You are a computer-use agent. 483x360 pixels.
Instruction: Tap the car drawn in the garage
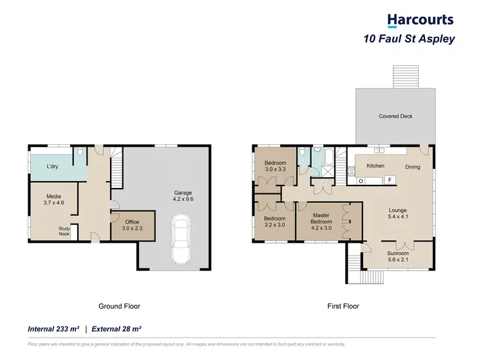point(180,242)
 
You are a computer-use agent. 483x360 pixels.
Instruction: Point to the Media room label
point(53,200)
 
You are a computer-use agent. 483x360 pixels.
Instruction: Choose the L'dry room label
point(53,167)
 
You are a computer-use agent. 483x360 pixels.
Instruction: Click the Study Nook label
point(64,231)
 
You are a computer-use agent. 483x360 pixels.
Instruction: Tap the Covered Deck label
point(395,117)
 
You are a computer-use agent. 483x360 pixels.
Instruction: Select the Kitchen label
point(375,166)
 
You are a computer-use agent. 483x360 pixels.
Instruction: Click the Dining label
point(412,167)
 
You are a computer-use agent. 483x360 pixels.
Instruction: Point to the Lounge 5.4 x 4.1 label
point(397,213)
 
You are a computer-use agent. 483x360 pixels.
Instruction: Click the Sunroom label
point(397,256)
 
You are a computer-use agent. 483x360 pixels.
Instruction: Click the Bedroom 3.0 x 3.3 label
point(275,166)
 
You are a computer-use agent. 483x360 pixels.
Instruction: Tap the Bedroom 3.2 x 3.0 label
point(275,222)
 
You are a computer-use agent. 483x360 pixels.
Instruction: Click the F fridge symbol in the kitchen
point(390,180)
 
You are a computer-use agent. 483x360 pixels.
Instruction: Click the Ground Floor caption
point(119,307)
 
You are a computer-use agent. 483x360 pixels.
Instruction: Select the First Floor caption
point(343,307)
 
